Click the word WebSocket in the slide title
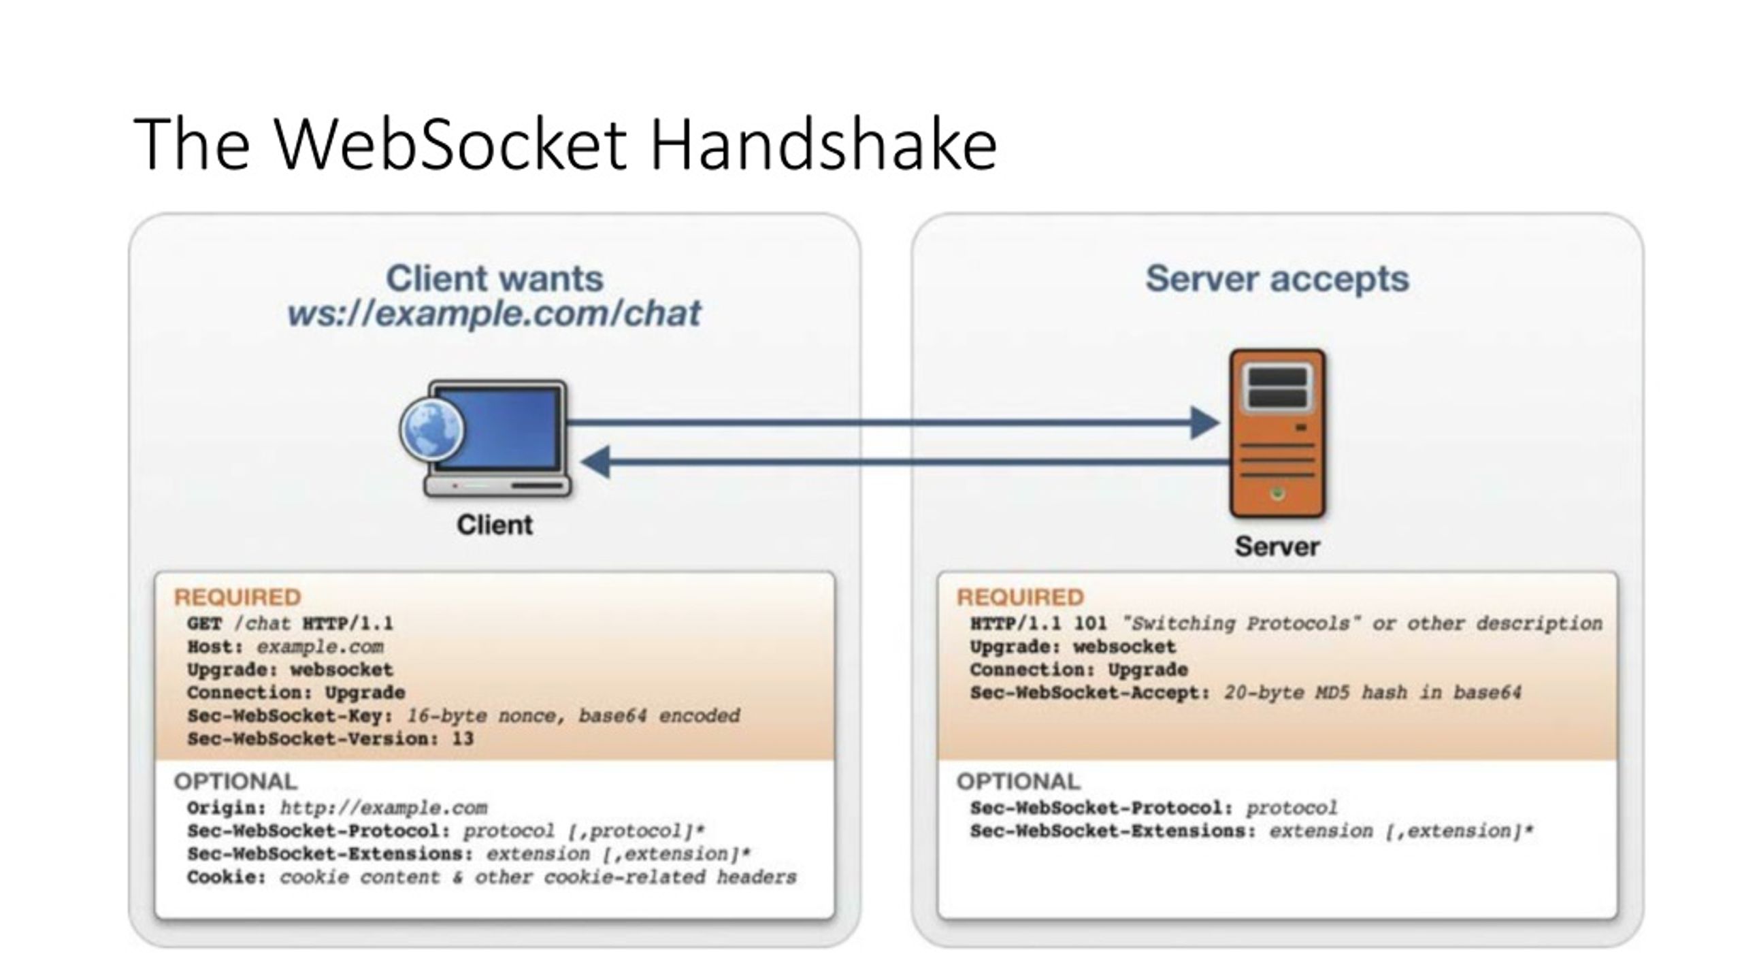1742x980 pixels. click(x=450, y=144)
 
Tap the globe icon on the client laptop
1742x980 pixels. click(x=431, y=430)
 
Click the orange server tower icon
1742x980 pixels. click(x=1277, y=434)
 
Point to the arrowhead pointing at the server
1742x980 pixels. click(x=1205, y=423)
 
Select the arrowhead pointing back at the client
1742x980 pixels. click(x=596, y=462)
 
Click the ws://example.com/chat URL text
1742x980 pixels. click(x=494, y=314)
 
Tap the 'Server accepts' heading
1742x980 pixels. click(x=1277, y=278)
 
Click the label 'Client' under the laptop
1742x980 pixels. click(x=495, y=525)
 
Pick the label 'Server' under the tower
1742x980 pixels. click(x=1277, y=546)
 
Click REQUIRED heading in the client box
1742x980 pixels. click(x=237, y=597)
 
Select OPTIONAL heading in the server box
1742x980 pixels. click(x=1018, y=781)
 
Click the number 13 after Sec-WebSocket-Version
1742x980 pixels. click(x=463, y=738)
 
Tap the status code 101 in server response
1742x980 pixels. click(x=1090, y=623)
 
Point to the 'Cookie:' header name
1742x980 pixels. click(x=227, y=877)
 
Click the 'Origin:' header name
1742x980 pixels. click(x=227, y=808)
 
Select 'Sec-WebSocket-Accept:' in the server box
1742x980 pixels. click(x=1090, y=693)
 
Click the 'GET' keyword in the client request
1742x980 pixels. click(x=205, y=623)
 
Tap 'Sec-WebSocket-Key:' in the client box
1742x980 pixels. click(x=290, y=716)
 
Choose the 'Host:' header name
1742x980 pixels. click(x=215, y=647)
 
